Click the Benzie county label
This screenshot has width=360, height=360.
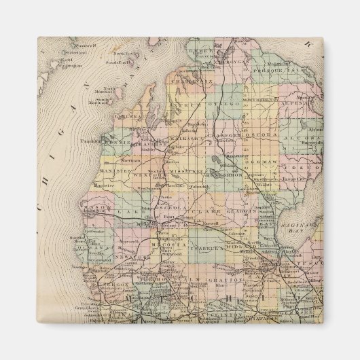[x=115, y=145]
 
